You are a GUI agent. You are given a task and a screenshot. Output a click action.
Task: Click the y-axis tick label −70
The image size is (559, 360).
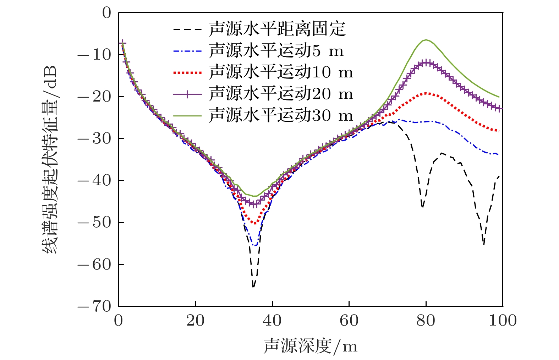coord(94,306)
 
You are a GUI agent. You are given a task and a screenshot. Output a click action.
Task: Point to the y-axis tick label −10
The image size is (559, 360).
coord(94,55)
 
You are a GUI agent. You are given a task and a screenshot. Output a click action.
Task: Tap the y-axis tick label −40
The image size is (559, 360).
coord(94,180)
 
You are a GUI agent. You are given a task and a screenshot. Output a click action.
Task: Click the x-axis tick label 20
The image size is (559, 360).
coord(195,321)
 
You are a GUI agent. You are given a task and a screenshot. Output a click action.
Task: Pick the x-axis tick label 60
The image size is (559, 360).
coord(349,321)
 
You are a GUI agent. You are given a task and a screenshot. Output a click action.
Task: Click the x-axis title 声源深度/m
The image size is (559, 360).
coord(310,346)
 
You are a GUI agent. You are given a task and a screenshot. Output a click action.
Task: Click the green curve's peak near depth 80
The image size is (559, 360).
coord(426,40)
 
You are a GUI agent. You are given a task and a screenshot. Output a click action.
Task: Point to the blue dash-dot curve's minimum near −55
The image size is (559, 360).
coord(255,245)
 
